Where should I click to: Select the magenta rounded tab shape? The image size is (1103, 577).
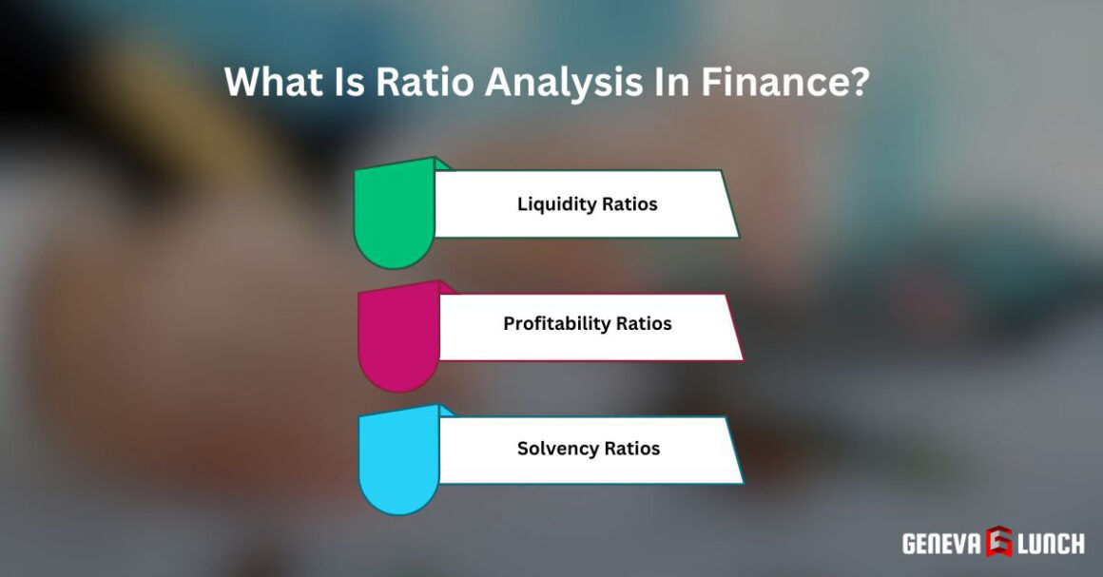point(397,337)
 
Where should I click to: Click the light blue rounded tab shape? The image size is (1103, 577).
point(398,460)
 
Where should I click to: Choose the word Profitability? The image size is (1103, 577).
point(557,324)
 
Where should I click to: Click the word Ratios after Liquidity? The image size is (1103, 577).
point(631,204)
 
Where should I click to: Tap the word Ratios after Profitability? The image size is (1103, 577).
point(644,324)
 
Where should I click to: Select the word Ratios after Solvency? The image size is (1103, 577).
point(632,448)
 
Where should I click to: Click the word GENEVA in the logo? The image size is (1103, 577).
point(940,544)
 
